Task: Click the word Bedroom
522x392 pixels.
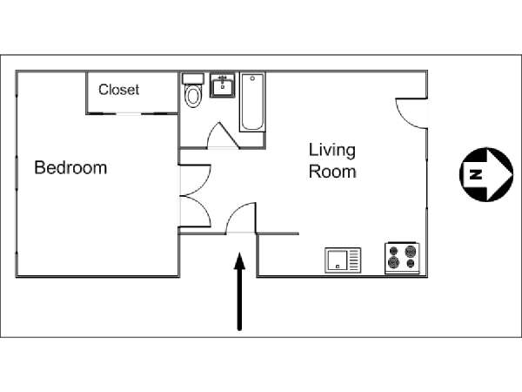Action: tap(70, 167)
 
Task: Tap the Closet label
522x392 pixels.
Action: tap(119, 90)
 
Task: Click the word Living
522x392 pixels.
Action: tap(332, 151)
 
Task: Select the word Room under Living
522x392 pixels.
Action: tap(332, 172)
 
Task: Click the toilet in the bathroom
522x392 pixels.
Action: tap(193, 91)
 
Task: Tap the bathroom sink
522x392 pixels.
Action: tap(223, 85)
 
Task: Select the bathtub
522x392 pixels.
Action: tap(252, 102)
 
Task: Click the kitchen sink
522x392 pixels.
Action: tap(343, 260)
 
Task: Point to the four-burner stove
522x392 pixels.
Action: tap(402, 258)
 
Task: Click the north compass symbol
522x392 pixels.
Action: tap(486, 174)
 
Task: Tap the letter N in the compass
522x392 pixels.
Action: tap(476, 174)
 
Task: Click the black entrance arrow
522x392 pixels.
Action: tap(239, 291)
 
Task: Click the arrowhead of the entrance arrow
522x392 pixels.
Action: tap(240, 260)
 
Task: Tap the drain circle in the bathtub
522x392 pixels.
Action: tap(252, 78)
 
